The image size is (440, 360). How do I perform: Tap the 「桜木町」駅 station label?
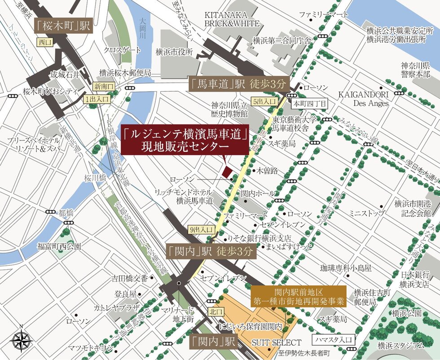point(63,26)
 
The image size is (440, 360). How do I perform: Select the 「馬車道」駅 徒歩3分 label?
point(237,83)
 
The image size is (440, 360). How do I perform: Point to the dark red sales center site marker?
point(227,172)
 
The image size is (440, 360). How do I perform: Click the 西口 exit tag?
point(45,43)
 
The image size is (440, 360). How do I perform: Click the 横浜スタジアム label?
point(400,345)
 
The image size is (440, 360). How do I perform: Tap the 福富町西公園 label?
point(59,246)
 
